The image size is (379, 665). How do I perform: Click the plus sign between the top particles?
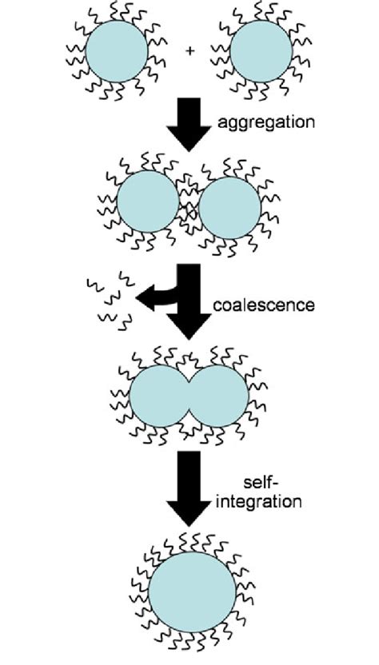(x=190, y=52)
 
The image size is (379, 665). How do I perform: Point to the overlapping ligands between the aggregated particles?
(x=189, y=207)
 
